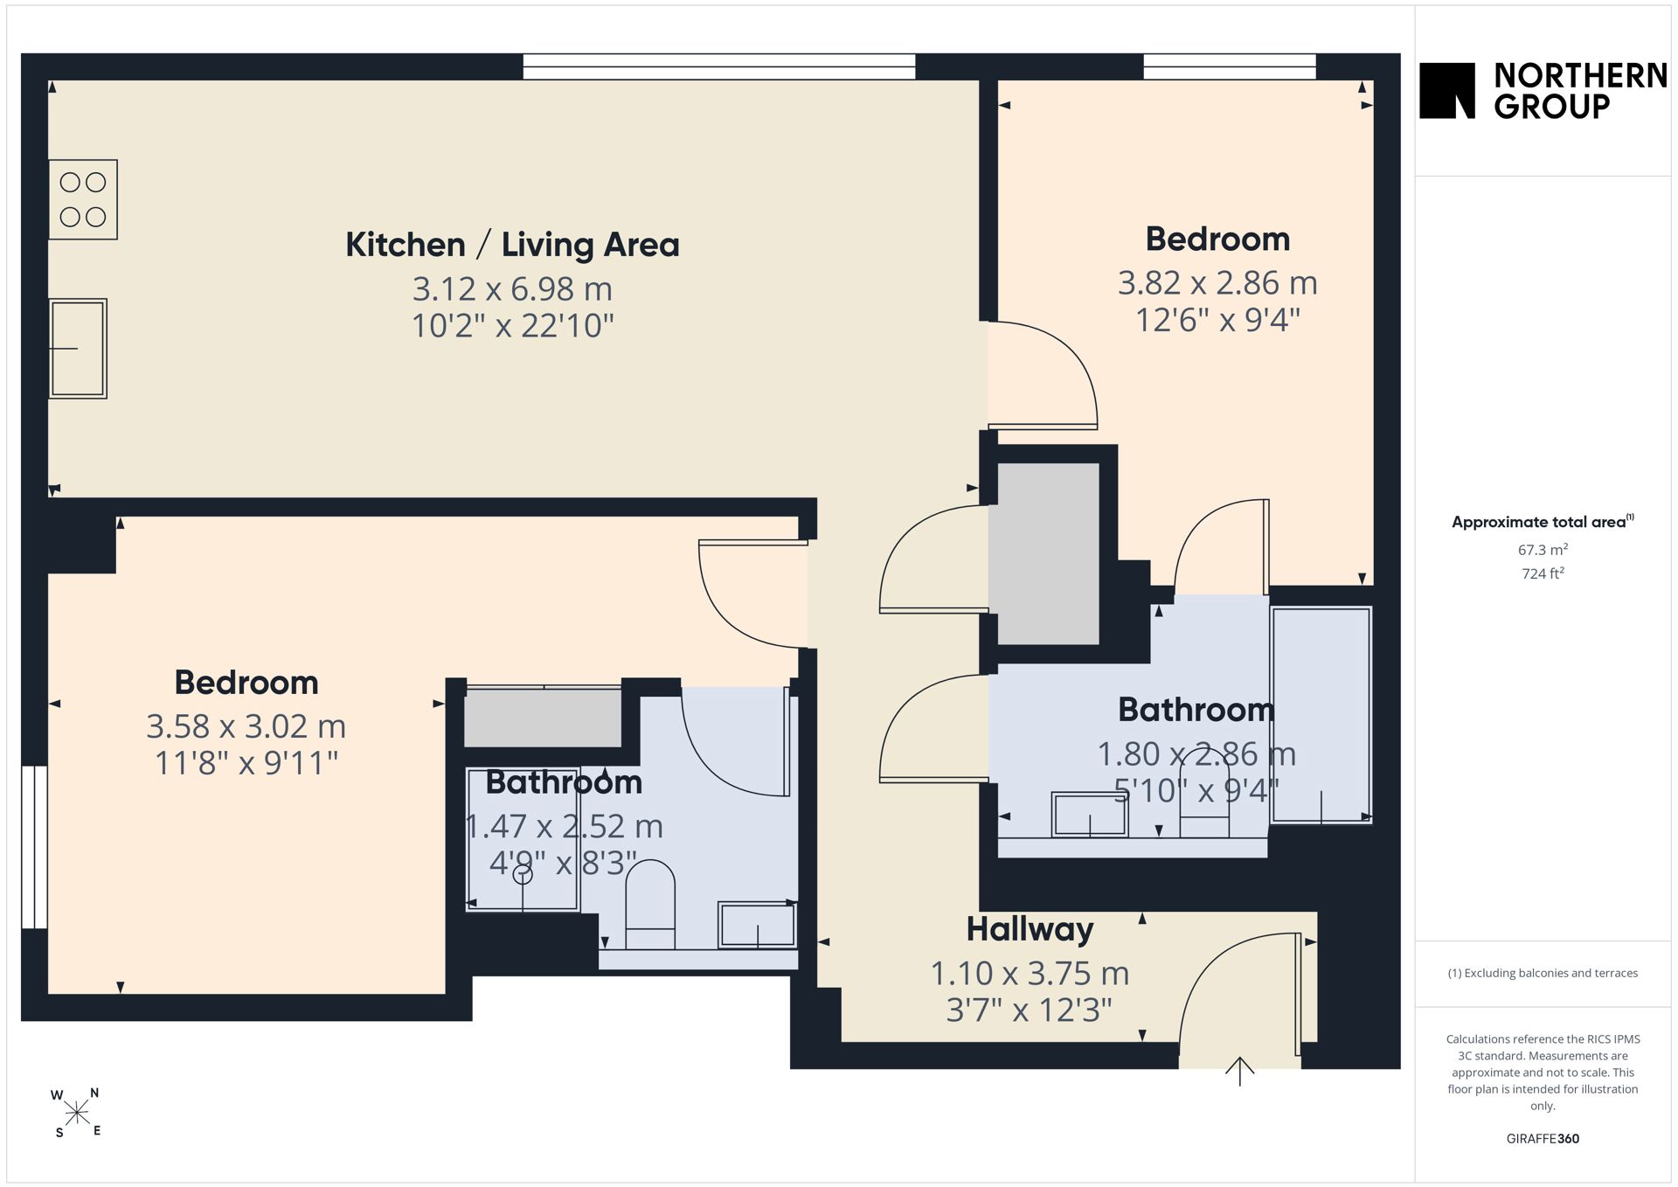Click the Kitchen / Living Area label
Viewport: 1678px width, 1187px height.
click(x=512, y=245)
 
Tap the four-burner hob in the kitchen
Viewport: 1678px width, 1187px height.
click(x=83, y=199)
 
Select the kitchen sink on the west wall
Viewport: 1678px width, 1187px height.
click(x=78, y=349)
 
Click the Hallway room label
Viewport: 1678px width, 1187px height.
click(x=1030, y=930)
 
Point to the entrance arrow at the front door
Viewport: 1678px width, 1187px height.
click(x=1239, y=1071)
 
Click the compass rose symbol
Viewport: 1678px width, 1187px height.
click(x=77, y=1113)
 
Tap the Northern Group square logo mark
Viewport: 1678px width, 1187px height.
click(x=1447, y=90)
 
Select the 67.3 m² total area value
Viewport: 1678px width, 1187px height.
click(x=1543, y=550)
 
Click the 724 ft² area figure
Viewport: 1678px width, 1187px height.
click(x=1543, y=573)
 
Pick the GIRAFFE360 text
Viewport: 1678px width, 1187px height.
click(x=1543, y=1138)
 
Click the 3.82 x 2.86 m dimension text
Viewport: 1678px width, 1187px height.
click(x=1217, y=283)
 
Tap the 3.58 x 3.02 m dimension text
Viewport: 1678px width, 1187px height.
click(x=246, y=726)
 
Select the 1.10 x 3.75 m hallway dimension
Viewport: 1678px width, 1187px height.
click(x=1030, y=973)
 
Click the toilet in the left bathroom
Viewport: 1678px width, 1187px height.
click(x=650, y=905)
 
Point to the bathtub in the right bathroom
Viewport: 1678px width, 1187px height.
click(x=1321, y=715)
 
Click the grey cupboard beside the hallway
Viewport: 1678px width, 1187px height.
click(x=1048, y=554)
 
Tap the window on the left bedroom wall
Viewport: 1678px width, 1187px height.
click(x=34, y=847)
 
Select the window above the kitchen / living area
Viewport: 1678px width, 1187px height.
click(x=718, y=66)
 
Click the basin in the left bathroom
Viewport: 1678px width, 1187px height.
click(x=757, y=925)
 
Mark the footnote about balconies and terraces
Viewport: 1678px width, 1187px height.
click(x=1543, y=973)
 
